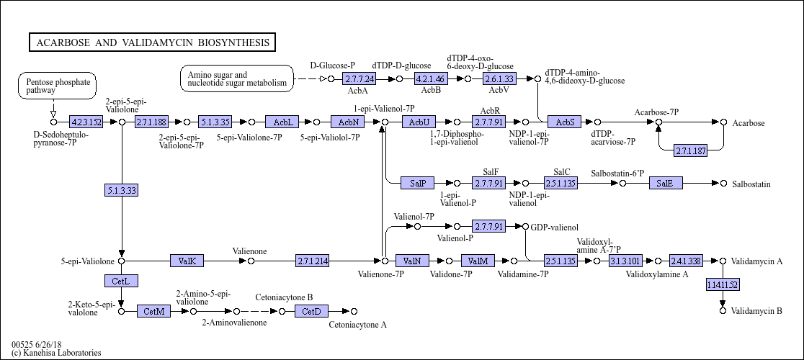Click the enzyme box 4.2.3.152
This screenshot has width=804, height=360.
pos(86,122)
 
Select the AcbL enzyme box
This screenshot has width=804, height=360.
pos(282,122)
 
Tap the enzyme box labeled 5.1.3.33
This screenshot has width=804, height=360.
pos(122,191)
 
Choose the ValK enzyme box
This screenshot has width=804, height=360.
pos(187,261)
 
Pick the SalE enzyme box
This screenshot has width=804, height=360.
pos(666,184)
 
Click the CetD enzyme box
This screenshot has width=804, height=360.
pos(311,311)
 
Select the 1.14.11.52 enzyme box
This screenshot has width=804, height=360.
pos(723,284)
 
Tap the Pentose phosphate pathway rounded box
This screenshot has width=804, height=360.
pos(58,86)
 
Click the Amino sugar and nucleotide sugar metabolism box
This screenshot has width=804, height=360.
pos(237,79)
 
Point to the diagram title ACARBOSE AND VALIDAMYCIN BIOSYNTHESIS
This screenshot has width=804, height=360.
pos(152,42)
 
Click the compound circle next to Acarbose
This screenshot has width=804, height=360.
pos(723,122)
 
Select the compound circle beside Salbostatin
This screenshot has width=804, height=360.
pos(723,184)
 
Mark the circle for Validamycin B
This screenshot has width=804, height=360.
pos(723,310)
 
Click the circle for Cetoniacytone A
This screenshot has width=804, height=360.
pos(354,311)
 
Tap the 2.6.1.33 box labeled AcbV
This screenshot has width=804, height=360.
pos(499,79)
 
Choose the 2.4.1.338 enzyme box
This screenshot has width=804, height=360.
pos(686,261)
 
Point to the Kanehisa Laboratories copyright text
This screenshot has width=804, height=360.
pos(56,353)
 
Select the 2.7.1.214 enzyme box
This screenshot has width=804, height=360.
pos(312,261)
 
